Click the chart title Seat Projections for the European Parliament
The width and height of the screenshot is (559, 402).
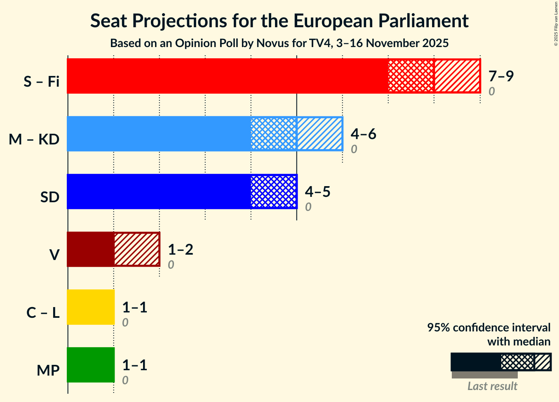coord(279,21)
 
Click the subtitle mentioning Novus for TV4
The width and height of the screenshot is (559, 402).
coord(279,43)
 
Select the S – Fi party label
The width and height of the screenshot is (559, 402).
coord(42,82)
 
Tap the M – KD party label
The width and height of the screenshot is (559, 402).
coord(34,140)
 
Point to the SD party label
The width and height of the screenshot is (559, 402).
coord(50,197)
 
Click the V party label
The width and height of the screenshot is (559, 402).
coord(54,255)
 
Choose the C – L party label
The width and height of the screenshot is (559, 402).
coord(43,313)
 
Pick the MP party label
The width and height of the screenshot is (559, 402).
coord(48,371)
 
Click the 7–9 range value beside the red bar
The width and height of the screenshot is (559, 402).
coord(501,76)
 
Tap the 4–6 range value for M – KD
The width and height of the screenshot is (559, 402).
coord(363,134)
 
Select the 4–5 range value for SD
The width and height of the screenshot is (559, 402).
coord(317,192)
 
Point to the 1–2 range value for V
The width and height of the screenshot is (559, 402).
coord(180,249)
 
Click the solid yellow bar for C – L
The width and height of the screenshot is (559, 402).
coord(91,307)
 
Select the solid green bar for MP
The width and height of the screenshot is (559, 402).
coord(91,365)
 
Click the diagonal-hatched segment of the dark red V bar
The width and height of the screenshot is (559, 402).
coord(137,249)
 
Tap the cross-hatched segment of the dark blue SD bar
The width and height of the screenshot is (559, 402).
coord(274,192)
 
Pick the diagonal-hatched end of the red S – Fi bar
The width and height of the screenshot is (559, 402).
coord(457,76)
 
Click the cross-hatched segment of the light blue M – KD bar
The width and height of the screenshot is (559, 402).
coord(274,134)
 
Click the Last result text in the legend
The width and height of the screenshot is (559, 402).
coord(492,386)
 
